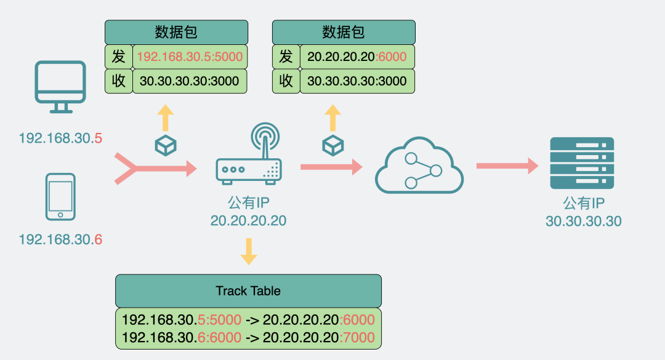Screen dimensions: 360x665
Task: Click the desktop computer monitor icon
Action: pos(60,86)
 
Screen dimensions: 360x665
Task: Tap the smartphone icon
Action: pos(60,196)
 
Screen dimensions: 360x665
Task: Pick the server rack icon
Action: pos(581,164)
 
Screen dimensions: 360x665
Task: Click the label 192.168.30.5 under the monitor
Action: pos(60,138)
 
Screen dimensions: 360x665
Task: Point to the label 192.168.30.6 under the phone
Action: pos(60,239)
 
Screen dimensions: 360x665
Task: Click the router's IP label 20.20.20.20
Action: pos(248,220)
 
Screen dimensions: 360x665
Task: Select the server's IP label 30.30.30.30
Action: pos(583,220)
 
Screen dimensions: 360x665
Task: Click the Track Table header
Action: pos(248,290)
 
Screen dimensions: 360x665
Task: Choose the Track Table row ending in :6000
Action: pos(248,320)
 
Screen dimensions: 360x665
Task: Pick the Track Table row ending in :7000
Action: pos(248,338)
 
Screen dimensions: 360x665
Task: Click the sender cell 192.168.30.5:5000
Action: pos(190,57)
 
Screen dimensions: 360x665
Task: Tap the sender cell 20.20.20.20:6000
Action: pos(357,57)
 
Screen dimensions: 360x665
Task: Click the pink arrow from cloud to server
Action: pos(507,166)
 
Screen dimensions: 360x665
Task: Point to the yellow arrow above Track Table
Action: pos(249,250)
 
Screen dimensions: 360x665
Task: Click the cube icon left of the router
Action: pos(166,145)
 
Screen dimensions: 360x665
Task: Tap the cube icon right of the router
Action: pos(332,145)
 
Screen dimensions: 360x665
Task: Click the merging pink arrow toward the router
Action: pos(154,167)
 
